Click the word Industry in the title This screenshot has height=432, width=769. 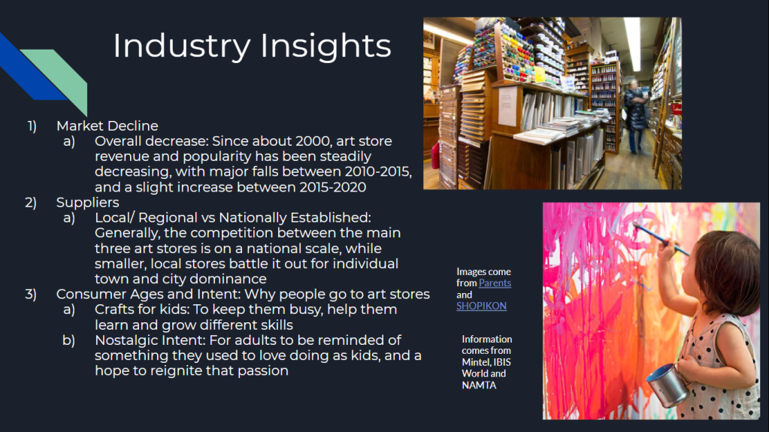[x=181, y=47]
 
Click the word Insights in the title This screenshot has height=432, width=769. [x=325, y=47]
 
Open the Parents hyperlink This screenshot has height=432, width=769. [x=495, y=283]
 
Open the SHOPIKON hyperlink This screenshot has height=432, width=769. [x=481, y=306]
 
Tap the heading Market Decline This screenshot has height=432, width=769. [x=107, y=126]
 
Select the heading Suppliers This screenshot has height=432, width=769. [x=88, y=203]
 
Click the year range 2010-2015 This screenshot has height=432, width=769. [x=378, y=171]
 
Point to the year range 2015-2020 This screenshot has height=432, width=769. [x=332, y=187]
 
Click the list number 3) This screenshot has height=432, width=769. [x=31, y=295]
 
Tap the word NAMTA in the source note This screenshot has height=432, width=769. [x=479, y=385]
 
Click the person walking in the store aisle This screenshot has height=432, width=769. [x=636, y=116]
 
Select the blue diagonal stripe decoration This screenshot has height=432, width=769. [x=29, y=66]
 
